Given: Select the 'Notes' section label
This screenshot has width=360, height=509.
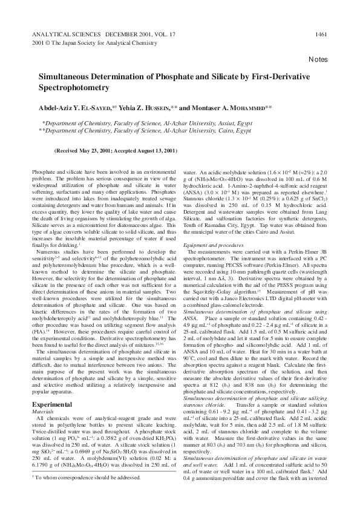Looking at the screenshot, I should (318, 60).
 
